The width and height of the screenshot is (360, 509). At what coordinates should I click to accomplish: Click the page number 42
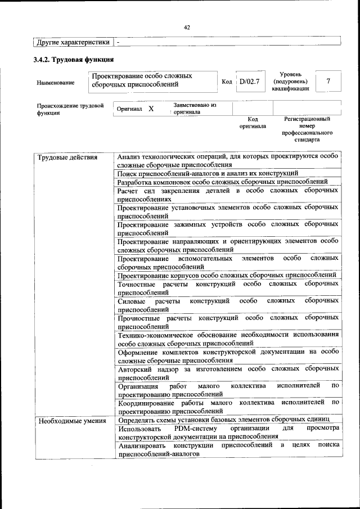click(187, 27)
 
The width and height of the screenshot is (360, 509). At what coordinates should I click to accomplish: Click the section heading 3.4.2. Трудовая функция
click(74, 59)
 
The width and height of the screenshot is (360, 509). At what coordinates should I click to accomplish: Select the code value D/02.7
click(249, 82)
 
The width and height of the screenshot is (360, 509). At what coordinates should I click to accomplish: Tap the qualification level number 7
click(328, 82)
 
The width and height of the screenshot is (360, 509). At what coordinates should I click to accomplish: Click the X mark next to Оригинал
click(151, 108)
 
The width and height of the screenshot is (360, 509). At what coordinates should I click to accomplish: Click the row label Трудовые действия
click(67, 157)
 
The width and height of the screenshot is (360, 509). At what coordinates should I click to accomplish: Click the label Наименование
click(55, 83)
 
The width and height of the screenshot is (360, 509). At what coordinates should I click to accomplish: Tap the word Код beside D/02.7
click(227, 82)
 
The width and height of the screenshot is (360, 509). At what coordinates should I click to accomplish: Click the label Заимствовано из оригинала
click(195, 108)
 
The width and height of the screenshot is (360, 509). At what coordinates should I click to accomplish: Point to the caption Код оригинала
click(253, 123)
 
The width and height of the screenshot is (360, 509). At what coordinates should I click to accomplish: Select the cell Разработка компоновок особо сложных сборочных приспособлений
click(223, 182)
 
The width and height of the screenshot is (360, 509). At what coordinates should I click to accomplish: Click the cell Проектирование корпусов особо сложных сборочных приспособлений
click(227, 275)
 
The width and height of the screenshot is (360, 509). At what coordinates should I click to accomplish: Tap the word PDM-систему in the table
click(190, 428)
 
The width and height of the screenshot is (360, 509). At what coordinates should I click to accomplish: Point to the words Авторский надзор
click(146, 369)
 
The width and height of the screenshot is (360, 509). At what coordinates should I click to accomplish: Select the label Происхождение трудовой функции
click(70, 109)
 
